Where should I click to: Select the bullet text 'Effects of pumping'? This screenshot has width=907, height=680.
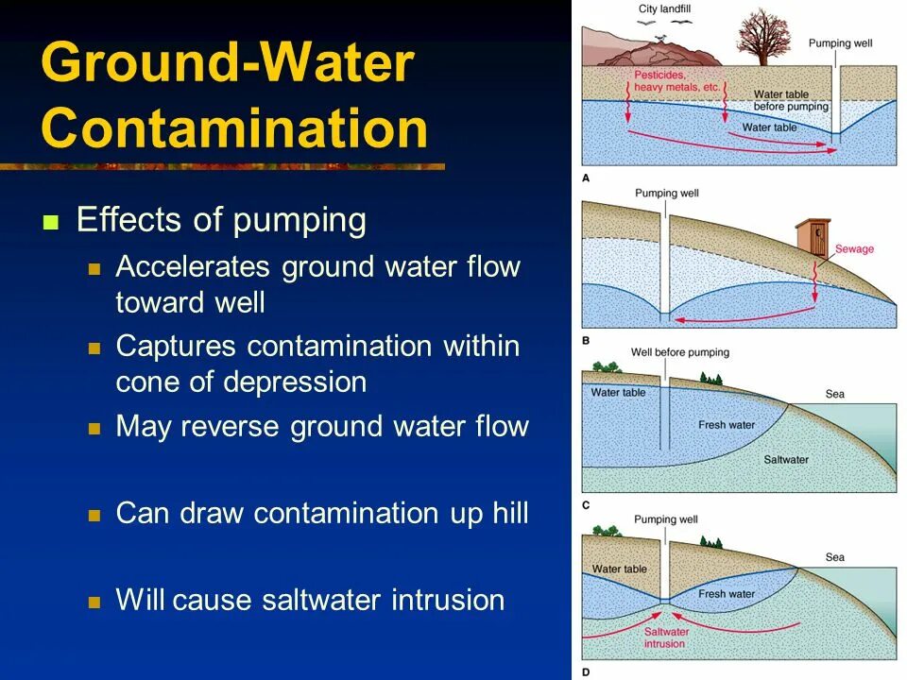(x=221, y=221)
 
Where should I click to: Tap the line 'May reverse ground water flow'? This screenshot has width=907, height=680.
(x=321, y=426)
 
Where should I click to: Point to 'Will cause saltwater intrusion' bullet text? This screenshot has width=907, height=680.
(x=310, y=600)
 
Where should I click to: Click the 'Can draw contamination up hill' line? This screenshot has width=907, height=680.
(x=321, y=513)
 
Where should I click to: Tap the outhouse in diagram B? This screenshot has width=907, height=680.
(x=811, y=238)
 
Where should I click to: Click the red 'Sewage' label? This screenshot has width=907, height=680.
(x=854, y=249)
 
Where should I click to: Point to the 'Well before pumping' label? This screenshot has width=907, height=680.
(x=679, y=352)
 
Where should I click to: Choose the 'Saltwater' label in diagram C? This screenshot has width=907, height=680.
(x=786, y=460)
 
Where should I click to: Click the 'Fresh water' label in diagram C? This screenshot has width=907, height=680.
(x=727, y=425)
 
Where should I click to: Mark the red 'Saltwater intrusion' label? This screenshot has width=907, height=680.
(x=664, y=637)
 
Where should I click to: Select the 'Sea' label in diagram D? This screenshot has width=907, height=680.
(x=834, y=557)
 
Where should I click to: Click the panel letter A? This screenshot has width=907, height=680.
(x=586, y=178)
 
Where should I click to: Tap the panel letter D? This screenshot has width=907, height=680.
(x=586, y=671)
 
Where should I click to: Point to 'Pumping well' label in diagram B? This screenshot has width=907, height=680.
(x=666, y=193)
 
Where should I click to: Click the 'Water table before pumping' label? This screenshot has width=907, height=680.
(x=791, y=100)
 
